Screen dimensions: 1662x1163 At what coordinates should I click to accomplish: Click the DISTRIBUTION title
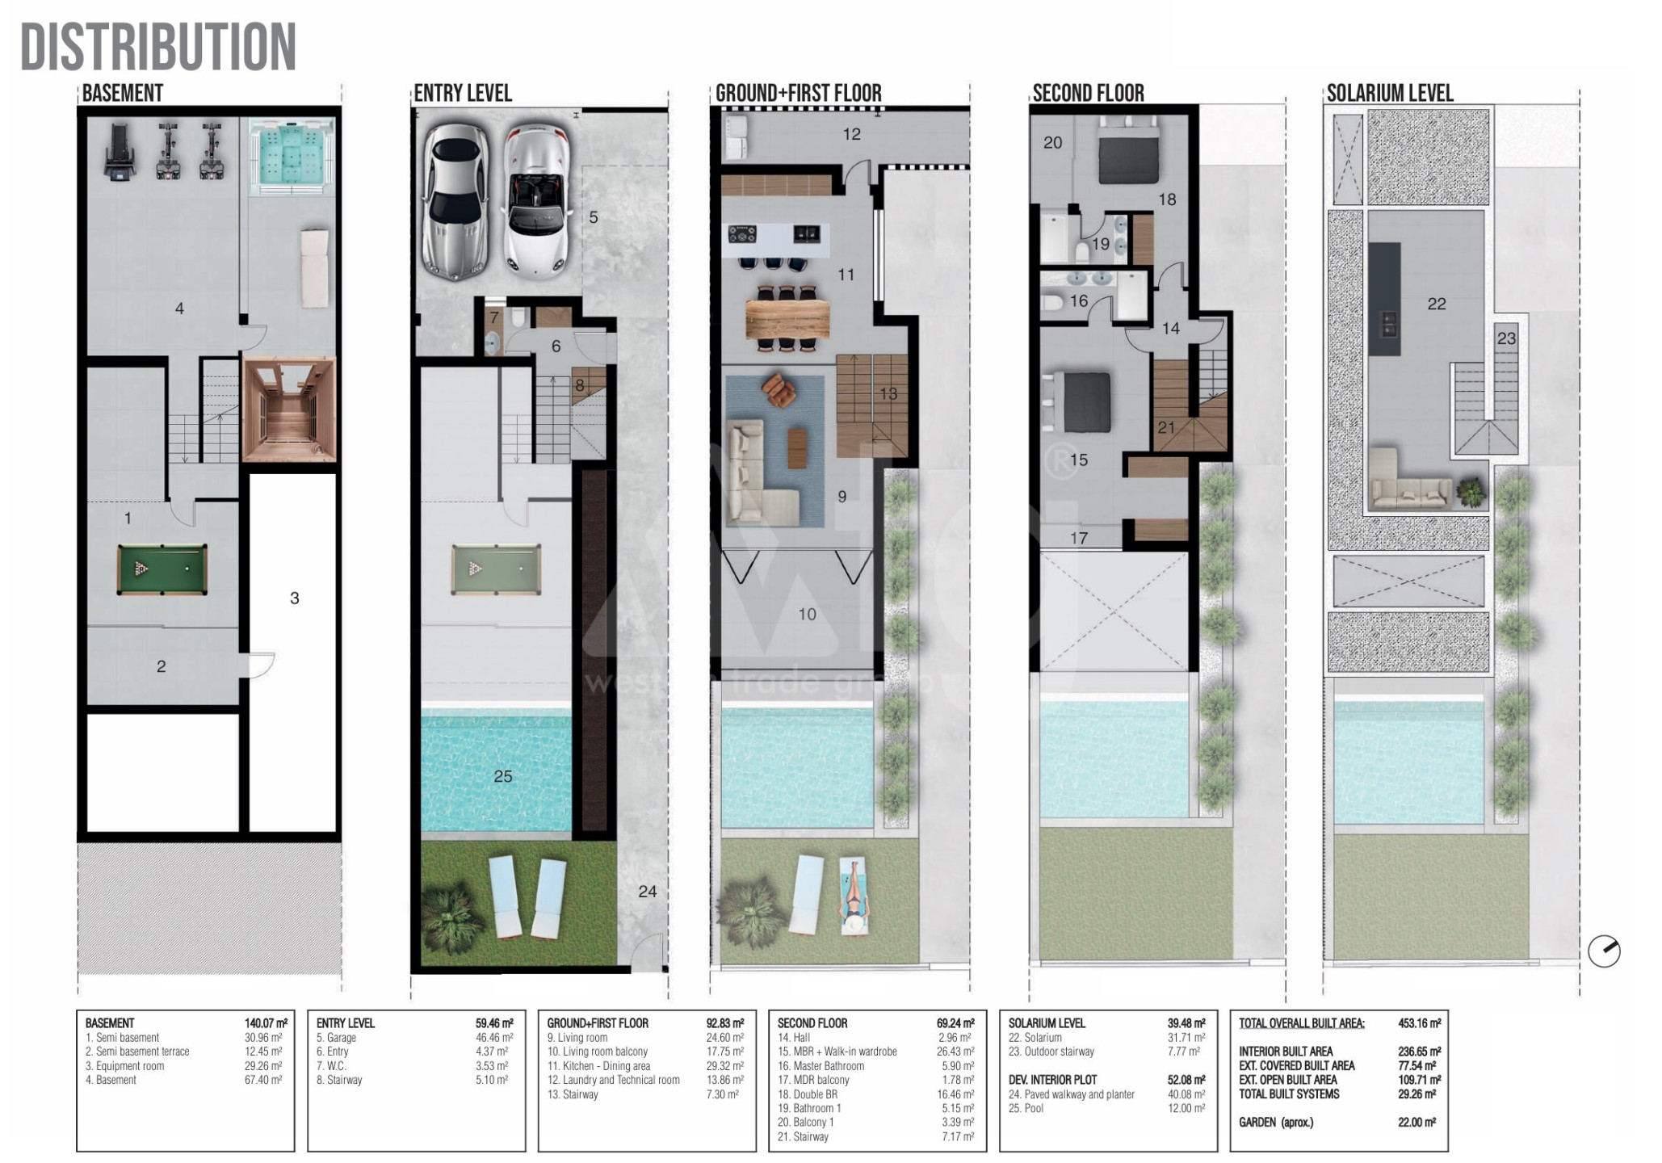pos(158,46)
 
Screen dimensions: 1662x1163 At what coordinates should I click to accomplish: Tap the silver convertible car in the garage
pos(534,201)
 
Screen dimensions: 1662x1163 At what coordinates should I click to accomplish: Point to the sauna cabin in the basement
pos(289,409)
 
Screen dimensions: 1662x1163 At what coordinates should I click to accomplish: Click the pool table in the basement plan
pos(162,569)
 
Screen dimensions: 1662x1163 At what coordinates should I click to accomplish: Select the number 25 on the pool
pos(502,776)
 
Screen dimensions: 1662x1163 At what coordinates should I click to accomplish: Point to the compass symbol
pos(1604,951)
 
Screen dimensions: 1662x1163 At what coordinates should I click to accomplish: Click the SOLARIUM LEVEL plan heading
pos(1390,93)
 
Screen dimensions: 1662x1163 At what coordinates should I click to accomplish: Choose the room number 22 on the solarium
pos(1436,304)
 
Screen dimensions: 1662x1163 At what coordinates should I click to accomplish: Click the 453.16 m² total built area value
pos(1419,1023)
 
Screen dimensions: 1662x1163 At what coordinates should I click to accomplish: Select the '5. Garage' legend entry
pos(336,1038)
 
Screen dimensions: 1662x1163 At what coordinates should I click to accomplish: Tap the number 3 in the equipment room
pos(294,598)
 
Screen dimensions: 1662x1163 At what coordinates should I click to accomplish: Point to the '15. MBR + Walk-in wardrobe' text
pos(837,1052)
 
